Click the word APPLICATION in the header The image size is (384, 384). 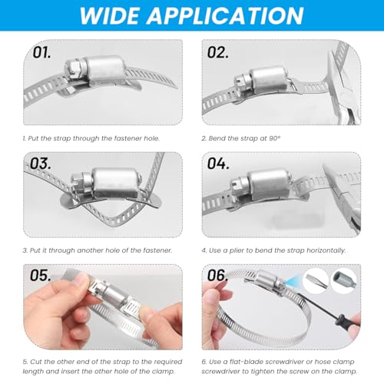point(225,16)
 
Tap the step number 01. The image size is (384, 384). point(41,52)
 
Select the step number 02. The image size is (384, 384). point(218,52)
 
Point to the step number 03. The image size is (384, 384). point(41,164)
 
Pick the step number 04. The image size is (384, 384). point(218,164)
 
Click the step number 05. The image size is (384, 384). point(41,276)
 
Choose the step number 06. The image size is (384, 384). point(217,276)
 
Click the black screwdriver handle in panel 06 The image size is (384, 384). point(343,321)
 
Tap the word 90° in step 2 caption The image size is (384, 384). point(275,138)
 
